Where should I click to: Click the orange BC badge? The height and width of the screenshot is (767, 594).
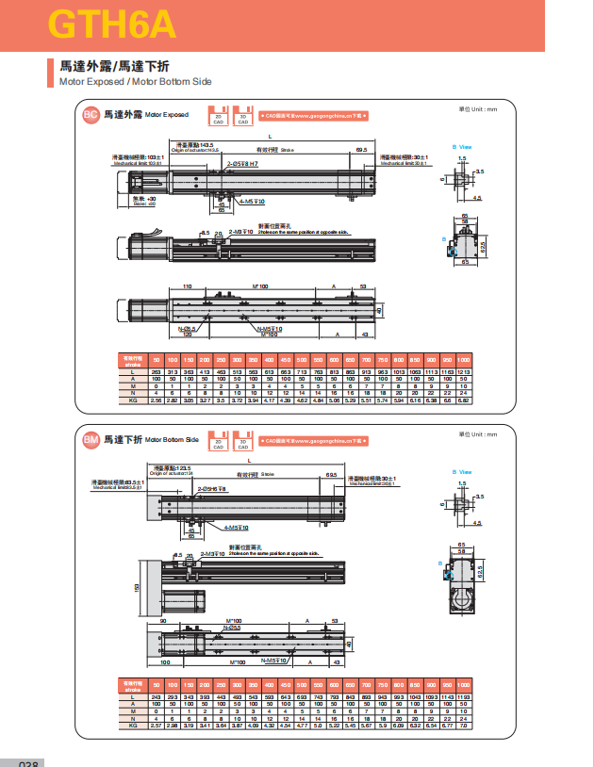pyautogui.click(x=91, y=115)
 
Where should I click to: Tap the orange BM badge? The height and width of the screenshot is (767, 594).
pyautogui.click(x=91, y=439)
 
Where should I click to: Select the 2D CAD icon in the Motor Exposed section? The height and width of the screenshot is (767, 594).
pyautogui.click(x=219, y=114)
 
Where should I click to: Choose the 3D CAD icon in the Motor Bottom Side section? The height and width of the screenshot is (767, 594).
pyautogui.click(x=242, y=438)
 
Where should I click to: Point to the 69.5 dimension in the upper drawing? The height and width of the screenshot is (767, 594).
pyautogui.click(x=361, y=150)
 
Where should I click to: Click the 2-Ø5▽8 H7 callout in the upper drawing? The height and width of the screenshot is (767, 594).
pyautogui.click(x=241, y=163)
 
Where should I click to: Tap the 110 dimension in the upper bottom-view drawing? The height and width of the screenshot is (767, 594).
pyautogui.click(x=187, y=286)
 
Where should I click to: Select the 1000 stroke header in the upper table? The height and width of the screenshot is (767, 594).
pyautogui.click(x=464, y=360)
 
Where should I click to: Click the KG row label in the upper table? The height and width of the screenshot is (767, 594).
pyautogui.click(x=133, y=400)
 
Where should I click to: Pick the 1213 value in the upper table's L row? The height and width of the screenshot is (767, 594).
pyautogui.click(x=464, y=374)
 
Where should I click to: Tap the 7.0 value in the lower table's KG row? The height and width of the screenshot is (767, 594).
pyautogui.click(x=464, y=726)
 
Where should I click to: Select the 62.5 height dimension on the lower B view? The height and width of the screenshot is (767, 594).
pyautogui.click(x=479, y=571)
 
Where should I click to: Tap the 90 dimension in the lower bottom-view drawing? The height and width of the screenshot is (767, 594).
pyautogui.click(x=162, y=621)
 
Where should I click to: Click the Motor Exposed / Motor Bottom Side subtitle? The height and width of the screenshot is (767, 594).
pyautogui.click(x=136, y=82)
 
